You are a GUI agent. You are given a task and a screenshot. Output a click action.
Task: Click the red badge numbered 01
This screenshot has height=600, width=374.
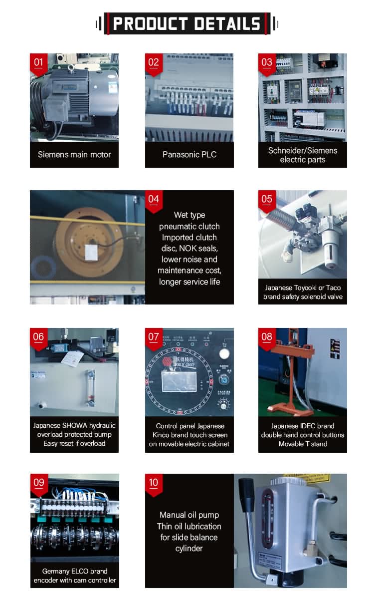coord(38,62)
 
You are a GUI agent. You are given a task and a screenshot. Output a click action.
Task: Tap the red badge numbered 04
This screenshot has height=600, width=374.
coord(154,199)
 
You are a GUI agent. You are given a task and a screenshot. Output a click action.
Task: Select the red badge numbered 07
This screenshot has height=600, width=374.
coord(154,337)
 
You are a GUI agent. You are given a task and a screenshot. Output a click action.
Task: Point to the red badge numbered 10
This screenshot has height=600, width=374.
coord(154,483)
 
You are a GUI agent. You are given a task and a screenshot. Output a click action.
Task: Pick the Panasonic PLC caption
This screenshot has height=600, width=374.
coord(189,155)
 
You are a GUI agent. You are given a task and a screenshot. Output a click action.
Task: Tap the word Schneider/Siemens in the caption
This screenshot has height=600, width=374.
coord(303,150)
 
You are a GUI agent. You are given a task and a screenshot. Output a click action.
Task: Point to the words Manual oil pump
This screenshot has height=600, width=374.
coord(189,515)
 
